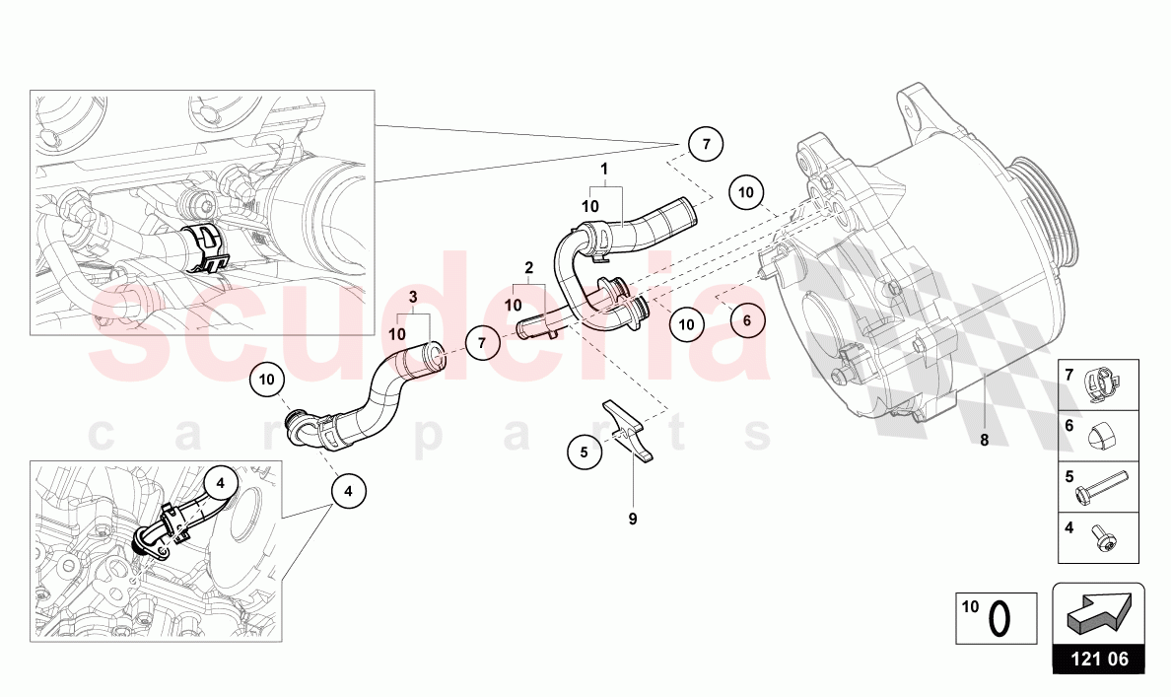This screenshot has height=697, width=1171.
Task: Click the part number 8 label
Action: (984, 441)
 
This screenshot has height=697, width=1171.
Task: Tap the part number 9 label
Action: (633, 517)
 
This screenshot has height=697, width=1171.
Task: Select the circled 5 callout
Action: (584, 453)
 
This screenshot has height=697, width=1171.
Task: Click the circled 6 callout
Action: (747, 319)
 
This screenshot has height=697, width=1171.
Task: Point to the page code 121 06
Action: (1098, 659)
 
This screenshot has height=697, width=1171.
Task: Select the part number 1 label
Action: (603, 169)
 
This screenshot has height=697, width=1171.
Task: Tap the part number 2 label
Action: (529, 267)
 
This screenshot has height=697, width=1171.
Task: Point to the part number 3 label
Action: (414, 298)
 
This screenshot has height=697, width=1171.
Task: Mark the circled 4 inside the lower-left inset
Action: (220, 483)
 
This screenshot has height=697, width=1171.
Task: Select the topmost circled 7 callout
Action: (705, 144)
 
